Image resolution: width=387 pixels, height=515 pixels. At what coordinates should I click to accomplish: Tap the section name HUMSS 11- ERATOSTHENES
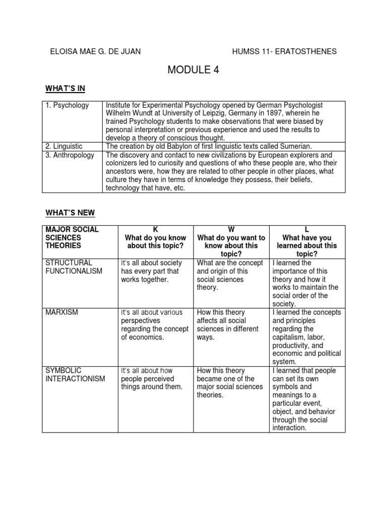(284, 51)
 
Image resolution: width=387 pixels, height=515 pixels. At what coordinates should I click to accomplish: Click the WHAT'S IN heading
(66, 89)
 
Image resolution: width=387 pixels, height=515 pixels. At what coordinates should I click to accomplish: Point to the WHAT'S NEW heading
(70, 213)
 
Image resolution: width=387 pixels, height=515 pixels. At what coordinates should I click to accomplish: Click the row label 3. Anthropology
(70, 155)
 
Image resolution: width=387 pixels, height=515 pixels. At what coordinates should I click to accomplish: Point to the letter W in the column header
(231, 230)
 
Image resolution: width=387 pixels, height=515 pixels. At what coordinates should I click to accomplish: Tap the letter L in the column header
(307, 230)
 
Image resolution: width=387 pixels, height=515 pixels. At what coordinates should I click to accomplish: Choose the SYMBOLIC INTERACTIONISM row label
(75, 375)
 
